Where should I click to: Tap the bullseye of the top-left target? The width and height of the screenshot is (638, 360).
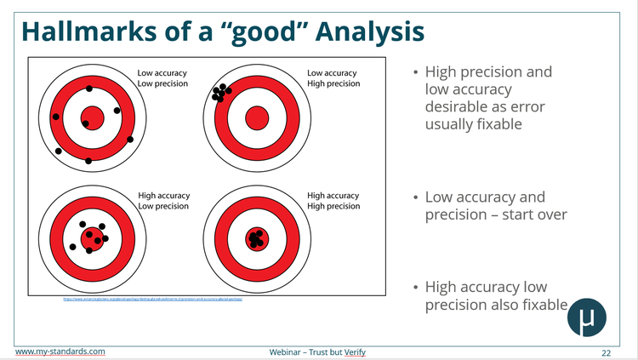[x=92, y=117]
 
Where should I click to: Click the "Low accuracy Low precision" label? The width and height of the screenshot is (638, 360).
[x=163, y=78]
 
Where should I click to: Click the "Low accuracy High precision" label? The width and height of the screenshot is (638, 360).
[x=333, y=78]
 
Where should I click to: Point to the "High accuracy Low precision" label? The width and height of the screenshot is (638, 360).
[x=163, y=201]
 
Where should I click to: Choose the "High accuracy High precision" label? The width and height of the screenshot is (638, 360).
[x=333, y=201]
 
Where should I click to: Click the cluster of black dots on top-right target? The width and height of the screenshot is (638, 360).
[x=221, y=91]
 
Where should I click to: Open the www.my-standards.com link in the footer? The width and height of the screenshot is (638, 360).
[x=60, y=351]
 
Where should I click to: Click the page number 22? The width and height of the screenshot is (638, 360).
[x=606, y=352]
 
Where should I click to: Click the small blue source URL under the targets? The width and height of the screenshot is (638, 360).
[x=159, y=300]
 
